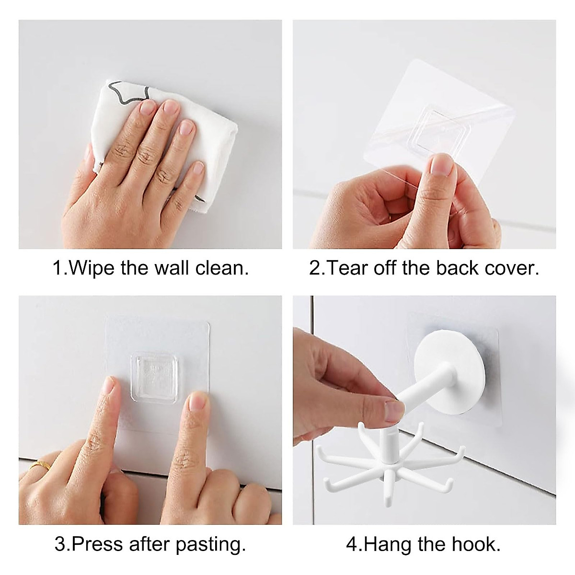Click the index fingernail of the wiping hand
pos(148,106)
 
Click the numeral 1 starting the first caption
pos(57,268)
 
